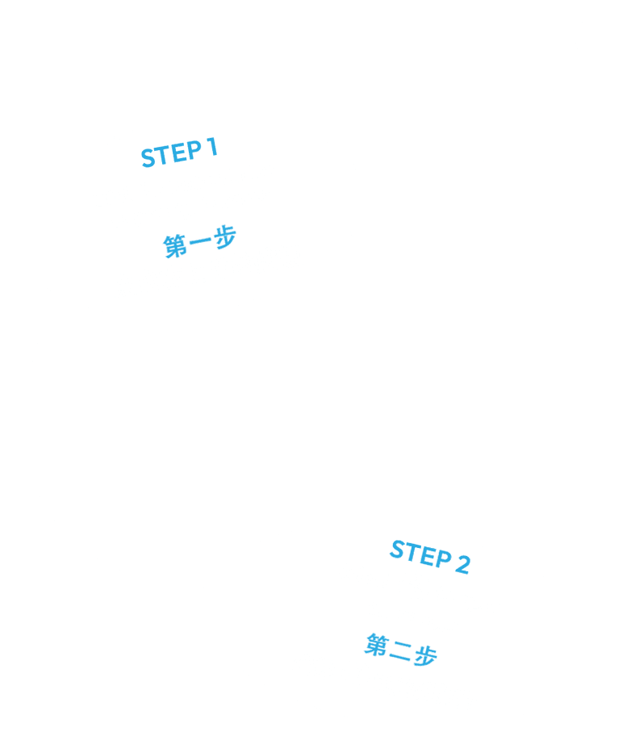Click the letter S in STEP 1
tap(148, 157)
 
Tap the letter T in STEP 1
tap(163, 154)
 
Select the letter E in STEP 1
tap(179, 152)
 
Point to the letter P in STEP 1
tap(193, 150)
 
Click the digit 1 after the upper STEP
tap(211, 147)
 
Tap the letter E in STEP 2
tap(428, 556)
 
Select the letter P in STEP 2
tap(443, 559)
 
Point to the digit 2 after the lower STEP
tap(462, 564)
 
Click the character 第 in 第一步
tap(175, 246)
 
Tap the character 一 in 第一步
tap(200, 241)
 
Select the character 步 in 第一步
tap(225, 237)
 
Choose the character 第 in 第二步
tap(377, 645)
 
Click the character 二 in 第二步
tap(400, 650)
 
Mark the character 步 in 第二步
tap(425, 655)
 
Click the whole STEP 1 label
tap(179, 153)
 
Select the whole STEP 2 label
tap(430, 556)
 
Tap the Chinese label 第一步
tap(200, 242)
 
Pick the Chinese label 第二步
tap(401, 650)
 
